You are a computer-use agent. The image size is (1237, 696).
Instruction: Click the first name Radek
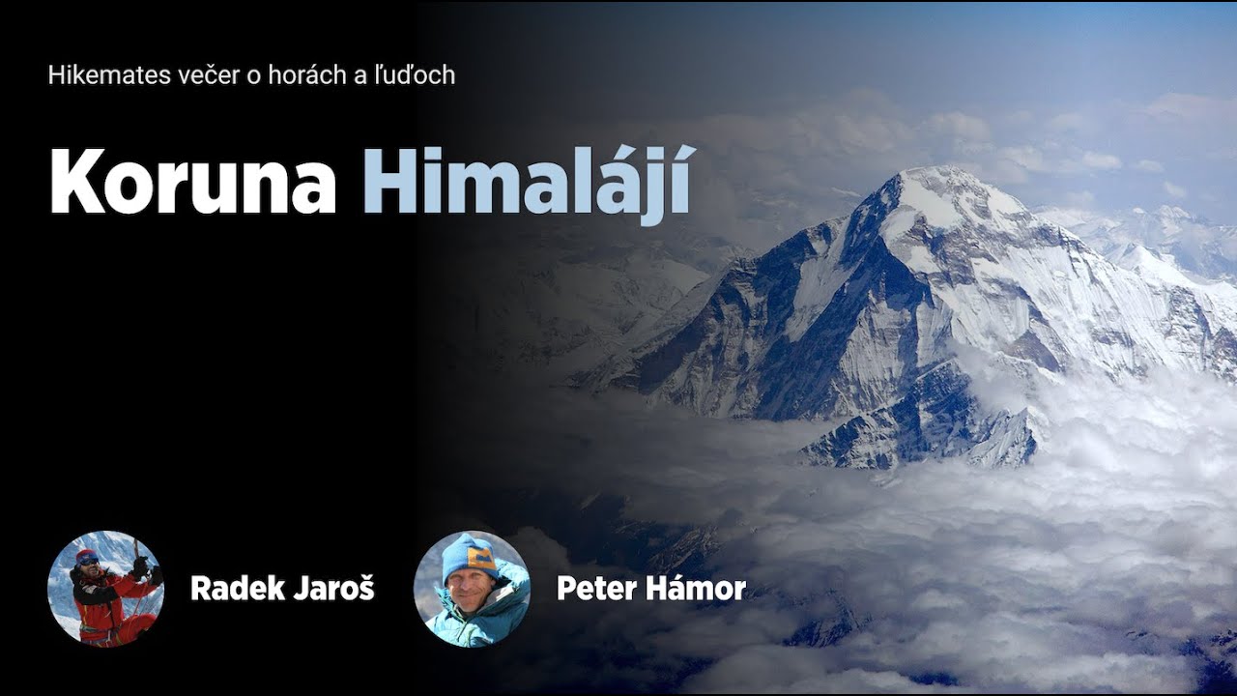[x=230, y=588]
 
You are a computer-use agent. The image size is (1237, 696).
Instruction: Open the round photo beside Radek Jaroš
[x=105, y=589]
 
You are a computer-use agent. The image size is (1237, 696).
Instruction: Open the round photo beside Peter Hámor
[x=472, y=589]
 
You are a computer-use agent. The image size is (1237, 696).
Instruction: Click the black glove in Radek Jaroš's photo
[x=140, y=566]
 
